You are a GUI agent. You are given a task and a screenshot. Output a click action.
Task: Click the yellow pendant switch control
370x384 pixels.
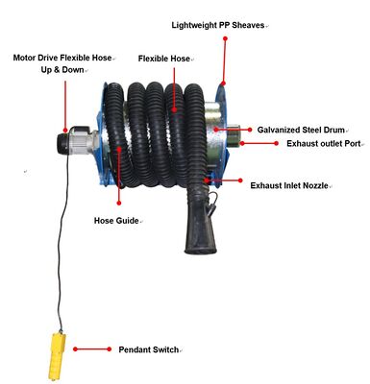57,356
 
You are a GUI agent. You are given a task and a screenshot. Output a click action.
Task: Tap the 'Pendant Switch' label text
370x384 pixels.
149,349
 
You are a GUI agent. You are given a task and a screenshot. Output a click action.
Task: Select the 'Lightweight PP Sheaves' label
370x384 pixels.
218,25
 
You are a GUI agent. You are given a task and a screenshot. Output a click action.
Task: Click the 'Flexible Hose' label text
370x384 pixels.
164,59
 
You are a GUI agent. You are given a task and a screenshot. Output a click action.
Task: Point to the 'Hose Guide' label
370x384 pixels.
116,221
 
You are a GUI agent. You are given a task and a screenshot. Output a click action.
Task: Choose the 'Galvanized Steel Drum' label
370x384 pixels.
301,130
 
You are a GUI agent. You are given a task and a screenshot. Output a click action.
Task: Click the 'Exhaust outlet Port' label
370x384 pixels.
324,143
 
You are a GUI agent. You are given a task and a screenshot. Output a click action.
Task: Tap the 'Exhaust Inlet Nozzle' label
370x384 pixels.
289,185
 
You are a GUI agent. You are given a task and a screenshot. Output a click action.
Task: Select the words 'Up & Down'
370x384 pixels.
62,70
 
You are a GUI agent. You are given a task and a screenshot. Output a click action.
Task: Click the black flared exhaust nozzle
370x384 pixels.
200,228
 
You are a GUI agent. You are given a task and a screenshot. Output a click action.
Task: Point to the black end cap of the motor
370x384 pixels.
62,144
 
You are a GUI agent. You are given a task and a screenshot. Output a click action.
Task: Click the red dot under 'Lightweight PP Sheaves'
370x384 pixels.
225,38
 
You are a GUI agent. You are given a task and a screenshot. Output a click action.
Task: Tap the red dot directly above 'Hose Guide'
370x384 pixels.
119,203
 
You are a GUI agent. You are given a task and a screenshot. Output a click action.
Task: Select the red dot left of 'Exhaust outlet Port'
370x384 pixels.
277,143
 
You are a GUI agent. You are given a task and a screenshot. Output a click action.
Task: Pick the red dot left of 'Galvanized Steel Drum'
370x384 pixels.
250,130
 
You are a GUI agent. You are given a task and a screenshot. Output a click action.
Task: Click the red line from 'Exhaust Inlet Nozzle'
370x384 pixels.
223,180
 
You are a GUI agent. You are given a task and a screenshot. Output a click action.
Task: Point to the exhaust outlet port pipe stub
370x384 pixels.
234,134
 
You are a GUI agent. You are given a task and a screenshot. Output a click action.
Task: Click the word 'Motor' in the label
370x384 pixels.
24,58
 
